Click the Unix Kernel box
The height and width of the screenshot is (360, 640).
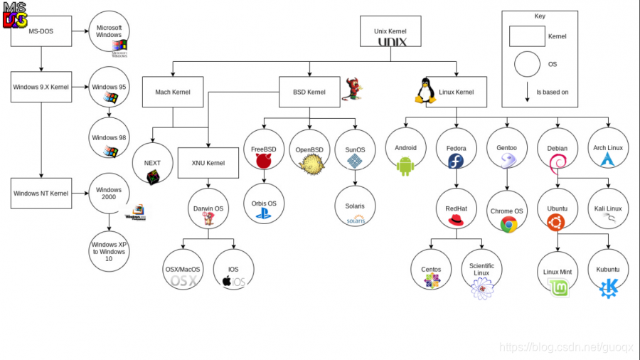coord(391,32)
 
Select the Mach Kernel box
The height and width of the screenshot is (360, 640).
coord(171,92)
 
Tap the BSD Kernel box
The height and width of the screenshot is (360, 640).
coord(309,92)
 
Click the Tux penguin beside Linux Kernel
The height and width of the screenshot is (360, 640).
coord(425,91)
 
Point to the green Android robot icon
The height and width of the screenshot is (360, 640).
coord(405,166)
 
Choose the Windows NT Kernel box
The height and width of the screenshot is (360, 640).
coord(41,194)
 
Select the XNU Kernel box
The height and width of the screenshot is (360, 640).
coord(208,163)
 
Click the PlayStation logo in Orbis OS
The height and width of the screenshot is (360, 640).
coord(264,213)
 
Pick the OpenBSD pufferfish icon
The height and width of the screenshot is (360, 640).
coord(310,164)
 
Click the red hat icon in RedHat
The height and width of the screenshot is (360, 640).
coord(456,221)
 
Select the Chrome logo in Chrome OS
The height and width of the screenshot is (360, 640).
coord(508,225)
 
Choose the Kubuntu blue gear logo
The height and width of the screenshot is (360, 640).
coord(609,288)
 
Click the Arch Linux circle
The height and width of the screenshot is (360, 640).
coord(608,149)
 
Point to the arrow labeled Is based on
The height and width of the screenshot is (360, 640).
coord(527,92)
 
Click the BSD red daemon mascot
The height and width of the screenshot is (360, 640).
coord(353,89)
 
